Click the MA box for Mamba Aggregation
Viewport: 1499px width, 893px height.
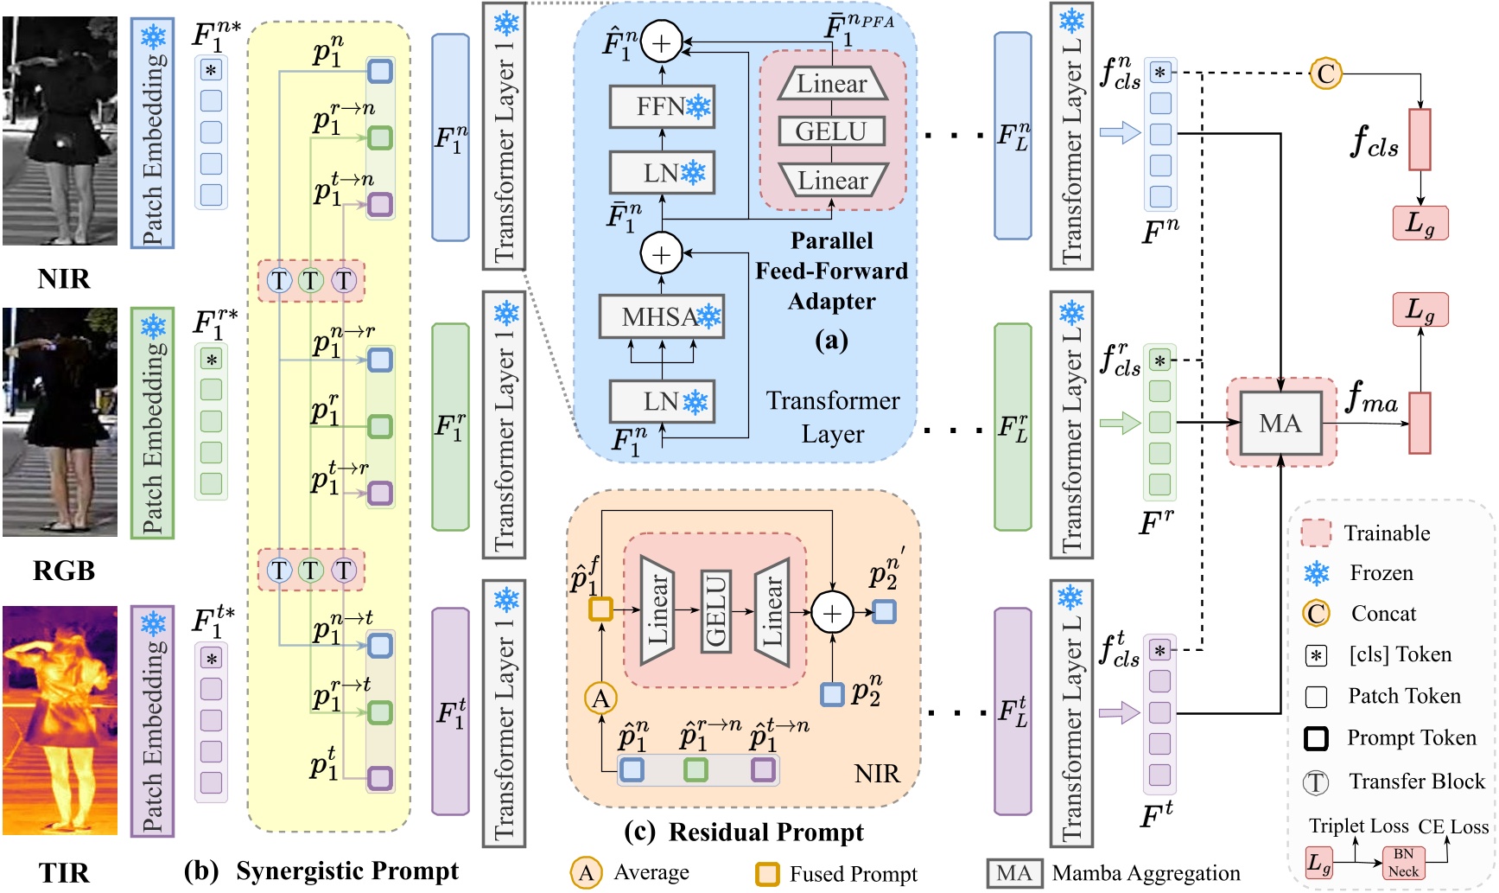1280,423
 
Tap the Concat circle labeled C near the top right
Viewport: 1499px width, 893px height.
1325,73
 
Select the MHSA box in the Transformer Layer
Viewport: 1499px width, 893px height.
662,317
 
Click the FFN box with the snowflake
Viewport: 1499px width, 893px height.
662,107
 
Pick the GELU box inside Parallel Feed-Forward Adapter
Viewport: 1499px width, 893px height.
831,131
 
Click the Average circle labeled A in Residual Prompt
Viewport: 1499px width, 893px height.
601,698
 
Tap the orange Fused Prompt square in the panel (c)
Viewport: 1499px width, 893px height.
600,609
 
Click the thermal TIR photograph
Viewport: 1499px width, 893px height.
60,720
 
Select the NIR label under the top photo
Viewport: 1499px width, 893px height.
63,278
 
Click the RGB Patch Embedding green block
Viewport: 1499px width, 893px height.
153,424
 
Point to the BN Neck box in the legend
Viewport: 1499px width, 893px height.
1403,862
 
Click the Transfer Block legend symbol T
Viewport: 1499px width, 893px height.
1315,782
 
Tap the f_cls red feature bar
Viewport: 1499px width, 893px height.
1420,139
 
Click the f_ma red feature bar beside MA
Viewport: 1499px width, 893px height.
1420,423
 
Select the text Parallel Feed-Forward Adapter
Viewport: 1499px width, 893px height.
831,271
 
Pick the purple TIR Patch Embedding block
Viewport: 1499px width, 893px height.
153,721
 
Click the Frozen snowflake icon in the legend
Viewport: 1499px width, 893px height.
1316,573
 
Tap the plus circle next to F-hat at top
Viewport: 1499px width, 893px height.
661,43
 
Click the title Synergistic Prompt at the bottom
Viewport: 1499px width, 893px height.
346,871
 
